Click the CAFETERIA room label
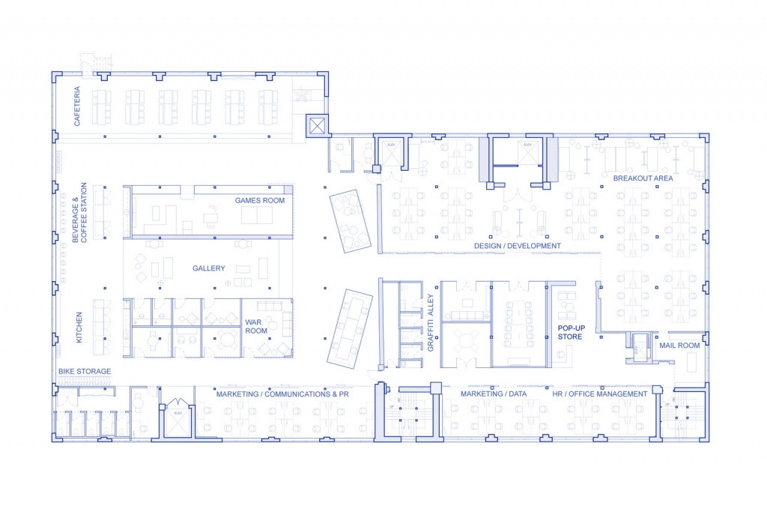[77, 106]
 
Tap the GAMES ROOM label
[260, 200]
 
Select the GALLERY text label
[209, 268]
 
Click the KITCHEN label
[79, 328]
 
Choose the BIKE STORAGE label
[85, 371]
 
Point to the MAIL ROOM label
[679, 346]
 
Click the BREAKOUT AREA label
[643, 178]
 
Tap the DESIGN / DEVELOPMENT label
[517, 246]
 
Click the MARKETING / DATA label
[492, 394]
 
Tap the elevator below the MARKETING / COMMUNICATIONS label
[178, 421]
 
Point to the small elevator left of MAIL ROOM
[639, 347]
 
